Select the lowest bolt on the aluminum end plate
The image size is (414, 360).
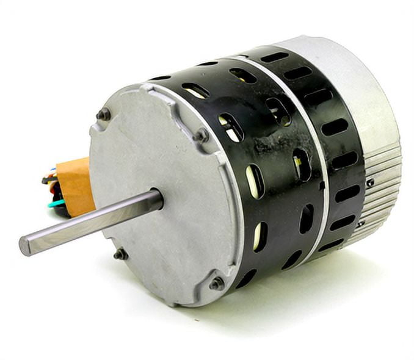pos(217,283)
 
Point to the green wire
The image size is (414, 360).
pos(56,203)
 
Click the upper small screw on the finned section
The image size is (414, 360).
pos(371,182)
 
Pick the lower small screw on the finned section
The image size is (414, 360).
pos(361,224)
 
